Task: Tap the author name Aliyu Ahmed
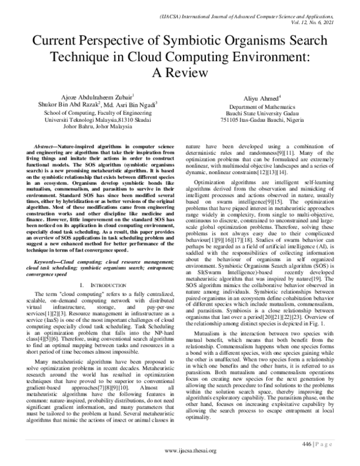(x=261, y=98)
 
